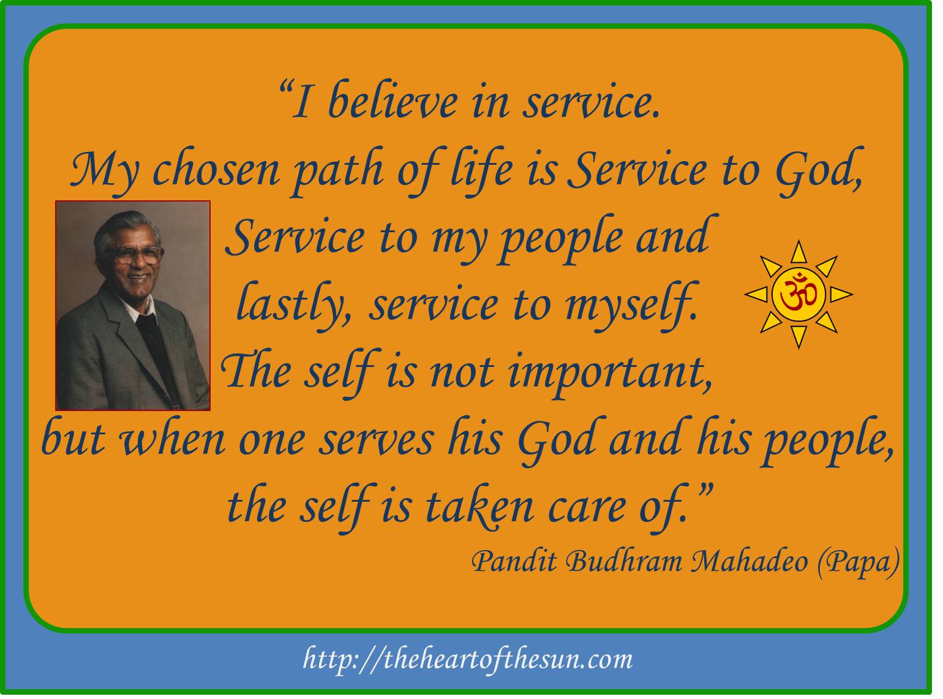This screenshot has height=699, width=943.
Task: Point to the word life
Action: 481,170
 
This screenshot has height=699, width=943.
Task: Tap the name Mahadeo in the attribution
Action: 749,563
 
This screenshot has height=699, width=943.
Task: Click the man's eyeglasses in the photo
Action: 136,254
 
